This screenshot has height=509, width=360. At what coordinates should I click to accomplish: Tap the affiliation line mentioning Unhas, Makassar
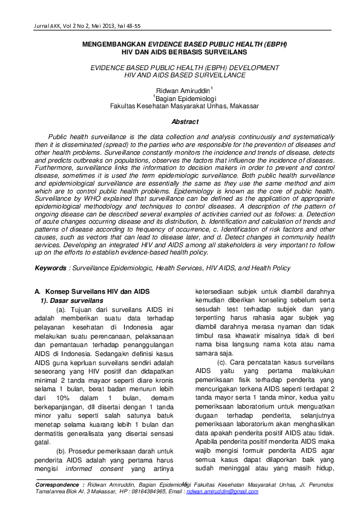pyautogui.click(x=184, y=105)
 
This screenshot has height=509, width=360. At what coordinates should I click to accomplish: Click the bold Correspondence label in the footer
pyautogui.click(x=57, y=485)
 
